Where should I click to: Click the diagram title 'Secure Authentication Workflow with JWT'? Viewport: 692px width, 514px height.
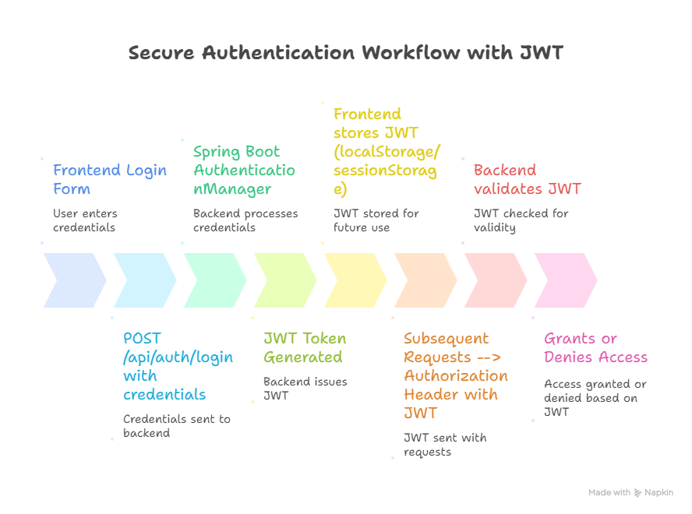(x=345, y=53)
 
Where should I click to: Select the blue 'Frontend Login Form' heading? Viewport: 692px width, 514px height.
(x=109, y=180)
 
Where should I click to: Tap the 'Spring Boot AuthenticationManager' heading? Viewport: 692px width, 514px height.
(x=244, y=171)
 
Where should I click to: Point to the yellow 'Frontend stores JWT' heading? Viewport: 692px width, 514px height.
(x=385, y=152)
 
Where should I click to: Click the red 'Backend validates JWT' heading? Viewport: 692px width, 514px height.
(x=527, y=180)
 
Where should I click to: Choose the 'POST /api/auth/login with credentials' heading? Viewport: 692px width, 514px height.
(x=178, y=366)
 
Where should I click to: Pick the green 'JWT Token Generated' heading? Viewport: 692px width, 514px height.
(x=304, y=348)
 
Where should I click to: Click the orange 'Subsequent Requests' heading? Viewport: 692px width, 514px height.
(x=456, y=375)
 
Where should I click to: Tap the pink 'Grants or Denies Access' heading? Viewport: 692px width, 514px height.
(x=595, y=348)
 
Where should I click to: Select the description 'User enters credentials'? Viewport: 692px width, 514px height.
(x=85, y=220)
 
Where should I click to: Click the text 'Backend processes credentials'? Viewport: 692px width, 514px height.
(x=245, y=220)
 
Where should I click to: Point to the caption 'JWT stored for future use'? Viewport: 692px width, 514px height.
(x=376, y=220)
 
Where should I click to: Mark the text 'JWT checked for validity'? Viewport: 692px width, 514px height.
(x=521, y=220)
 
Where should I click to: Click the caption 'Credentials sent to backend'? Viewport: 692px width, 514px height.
(x=177, y=426)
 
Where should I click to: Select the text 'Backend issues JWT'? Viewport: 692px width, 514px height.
(x=305, y=389)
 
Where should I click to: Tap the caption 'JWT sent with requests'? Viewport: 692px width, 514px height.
(x=444, y=445)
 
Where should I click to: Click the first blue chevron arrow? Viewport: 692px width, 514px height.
(x=75, y=280)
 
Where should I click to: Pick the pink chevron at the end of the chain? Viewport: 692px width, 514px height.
(x=566, y=280)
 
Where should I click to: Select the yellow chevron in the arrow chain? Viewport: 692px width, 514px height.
(x=355, y=280)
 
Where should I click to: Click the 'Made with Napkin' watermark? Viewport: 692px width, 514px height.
(x=630, y=492)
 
